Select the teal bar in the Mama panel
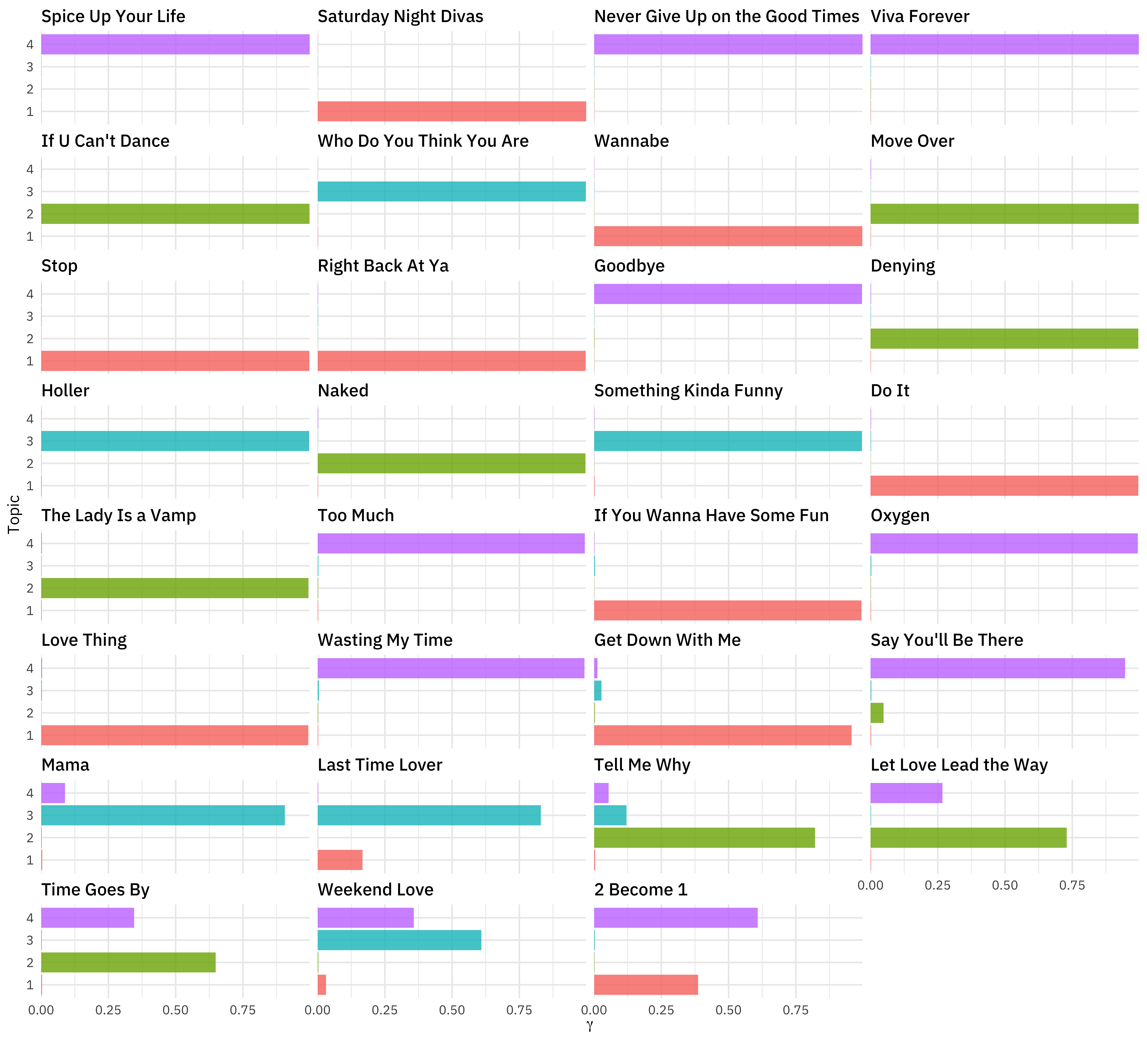(163, 815)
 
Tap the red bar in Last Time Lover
(340, 860)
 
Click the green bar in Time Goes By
(128, 962)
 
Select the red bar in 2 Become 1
(646, 984)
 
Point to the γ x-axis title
(589, 1025)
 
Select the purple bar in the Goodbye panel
(728, 294)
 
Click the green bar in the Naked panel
(451, 463)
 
